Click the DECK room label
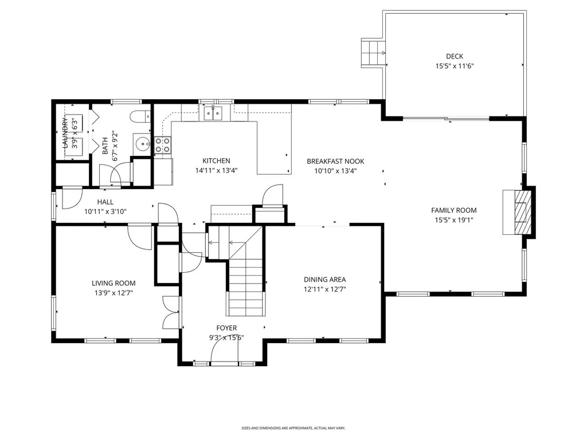coord(455,56)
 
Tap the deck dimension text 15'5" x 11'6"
coord(455,66)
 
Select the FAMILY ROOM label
coord(453,210)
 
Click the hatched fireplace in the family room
coord(522,211)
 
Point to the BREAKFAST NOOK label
coord(335,162)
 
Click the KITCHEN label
coord(216,161)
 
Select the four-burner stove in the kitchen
coord(162,146)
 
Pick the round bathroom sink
coord(141,144)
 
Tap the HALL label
coord(105,202)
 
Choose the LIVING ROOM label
coord(114,283)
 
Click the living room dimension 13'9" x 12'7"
coord(114,293)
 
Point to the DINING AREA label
coord(324,280)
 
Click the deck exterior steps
coord(373,53)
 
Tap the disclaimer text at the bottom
coord(293,428)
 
